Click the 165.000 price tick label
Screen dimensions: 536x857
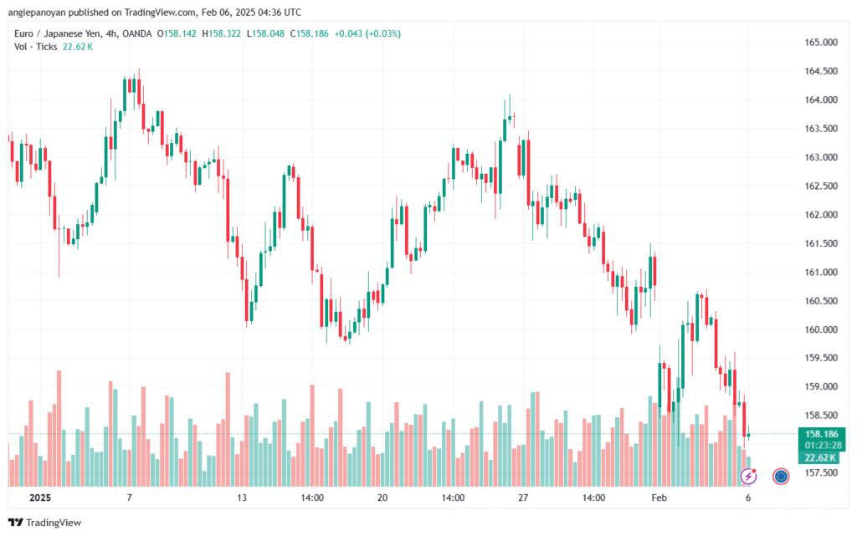tap(822, 42)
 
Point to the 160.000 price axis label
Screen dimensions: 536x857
tap(822, 329)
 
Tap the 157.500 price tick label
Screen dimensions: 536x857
tap(822, 473)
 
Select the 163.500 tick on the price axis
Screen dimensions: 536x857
tap(822, 128)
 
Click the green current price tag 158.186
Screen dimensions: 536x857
tap(823, 434)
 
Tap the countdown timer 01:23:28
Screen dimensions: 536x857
tap(823, 445)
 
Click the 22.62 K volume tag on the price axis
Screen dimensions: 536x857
tap(823, 457)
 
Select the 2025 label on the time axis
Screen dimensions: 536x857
tap(40, 498)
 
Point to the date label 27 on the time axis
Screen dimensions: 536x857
tap(523, 498)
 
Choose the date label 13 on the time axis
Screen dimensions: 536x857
tap(242, 498)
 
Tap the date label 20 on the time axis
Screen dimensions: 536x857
tap(382, 498)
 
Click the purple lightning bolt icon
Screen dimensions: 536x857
tap(749, 477)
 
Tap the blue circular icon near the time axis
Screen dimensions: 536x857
tap(781, 477)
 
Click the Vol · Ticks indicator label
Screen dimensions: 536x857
tap(35, 47)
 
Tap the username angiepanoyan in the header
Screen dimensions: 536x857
tap(38, 11)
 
